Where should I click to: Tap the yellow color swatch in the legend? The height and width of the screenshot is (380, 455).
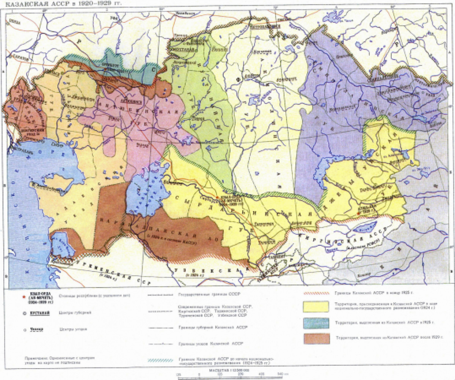click(316, 306)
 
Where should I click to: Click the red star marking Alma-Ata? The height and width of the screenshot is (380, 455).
click(358, 214)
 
